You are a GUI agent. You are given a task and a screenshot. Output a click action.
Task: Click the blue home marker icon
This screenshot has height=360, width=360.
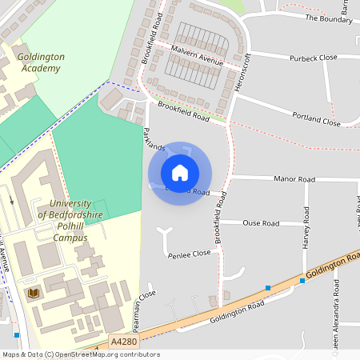[180, 173]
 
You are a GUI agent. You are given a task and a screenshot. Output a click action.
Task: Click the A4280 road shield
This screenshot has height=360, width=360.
[124, 342]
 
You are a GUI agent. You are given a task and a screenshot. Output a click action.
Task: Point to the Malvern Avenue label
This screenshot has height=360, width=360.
[197, 54]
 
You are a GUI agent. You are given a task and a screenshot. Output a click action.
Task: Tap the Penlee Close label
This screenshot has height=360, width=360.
[190, 254]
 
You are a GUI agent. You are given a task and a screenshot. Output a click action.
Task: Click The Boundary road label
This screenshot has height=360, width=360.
[329, 18]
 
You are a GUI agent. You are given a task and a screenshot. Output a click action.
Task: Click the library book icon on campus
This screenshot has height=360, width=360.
[34, 294]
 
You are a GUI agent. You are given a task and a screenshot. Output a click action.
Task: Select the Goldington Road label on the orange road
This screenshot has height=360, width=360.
[237, 313]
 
